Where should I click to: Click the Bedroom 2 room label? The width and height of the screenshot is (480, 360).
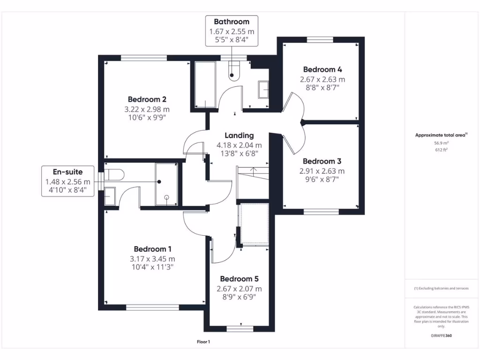[147, 99]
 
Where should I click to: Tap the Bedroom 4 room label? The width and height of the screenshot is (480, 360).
[322, 69]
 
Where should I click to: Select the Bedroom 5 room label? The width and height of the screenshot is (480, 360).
[239, 279]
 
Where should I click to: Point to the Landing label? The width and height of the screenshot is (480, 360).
[239, 135]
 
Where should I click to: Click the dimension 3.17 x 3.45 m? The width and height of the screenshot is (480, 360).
[152, 259]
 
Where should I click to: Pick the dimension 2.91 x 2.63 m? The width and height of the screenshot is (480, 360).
[322, 171]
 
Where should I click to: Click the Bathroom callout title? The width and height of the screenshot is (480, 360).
[232, 22]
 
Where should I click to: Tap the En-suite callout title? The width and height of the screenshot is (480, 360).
[67, 172]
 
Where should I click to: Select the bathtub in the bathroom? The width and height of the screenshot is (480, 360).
[205, 85]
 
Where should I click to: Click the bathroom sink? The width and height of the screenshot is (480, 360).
[263, 90]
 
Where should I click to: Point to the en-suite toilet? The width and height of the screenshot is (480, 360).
[114, 175]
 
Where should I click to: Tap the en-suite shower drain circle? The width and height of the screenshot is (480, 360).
[166, 197]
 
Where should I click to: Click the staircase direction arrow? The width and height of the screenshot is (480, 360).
[253, 172]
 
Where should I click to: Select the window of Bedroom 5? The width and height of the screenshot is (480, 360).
[240, 329]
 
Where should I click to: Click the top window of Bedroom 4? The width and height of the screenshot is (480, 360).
[320, 39]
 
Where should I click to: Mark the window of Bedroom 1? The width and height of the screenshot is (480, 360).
[152, 307]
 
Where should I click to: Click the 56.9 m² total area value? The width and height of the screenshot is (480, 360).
[441, 143]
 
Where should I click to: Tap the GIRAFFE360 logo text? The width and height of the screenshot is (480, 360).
[441, 336]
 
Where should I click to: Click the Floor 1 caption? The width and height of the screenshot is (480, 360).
[203, 342]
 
